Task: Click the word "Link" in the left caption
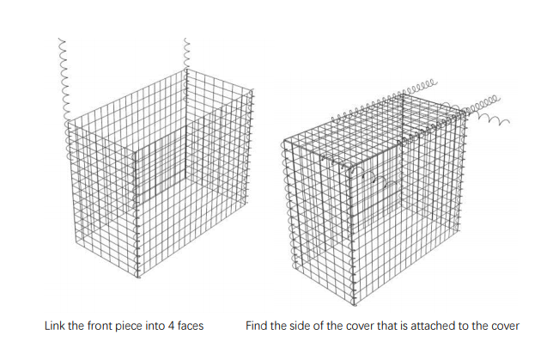click(54, 326)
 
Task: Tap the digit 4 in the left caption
click(171, 326)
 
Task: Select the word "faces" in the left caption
click(191, 326)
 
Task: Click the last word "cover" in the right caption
click(507, 326)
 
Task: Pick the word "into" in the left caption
click(155, 326)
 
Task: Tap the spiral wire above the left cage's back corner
click(186, 53)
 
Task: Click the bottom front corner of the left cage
click(138, 278)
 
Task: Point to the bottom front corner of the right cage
click(355, 305)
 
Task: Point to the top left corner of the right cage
click(284, 141)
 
